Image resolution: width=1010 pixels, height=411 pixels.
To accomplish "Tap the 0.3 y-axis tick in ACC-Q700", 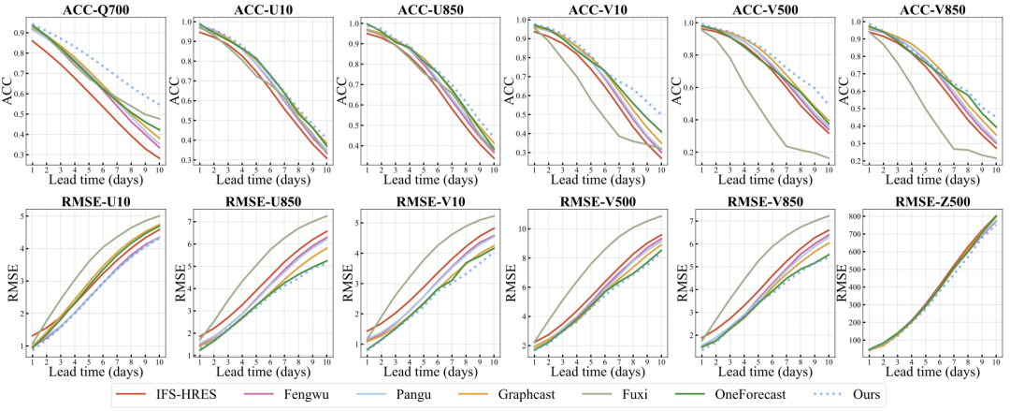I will (x=20, y=154).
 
